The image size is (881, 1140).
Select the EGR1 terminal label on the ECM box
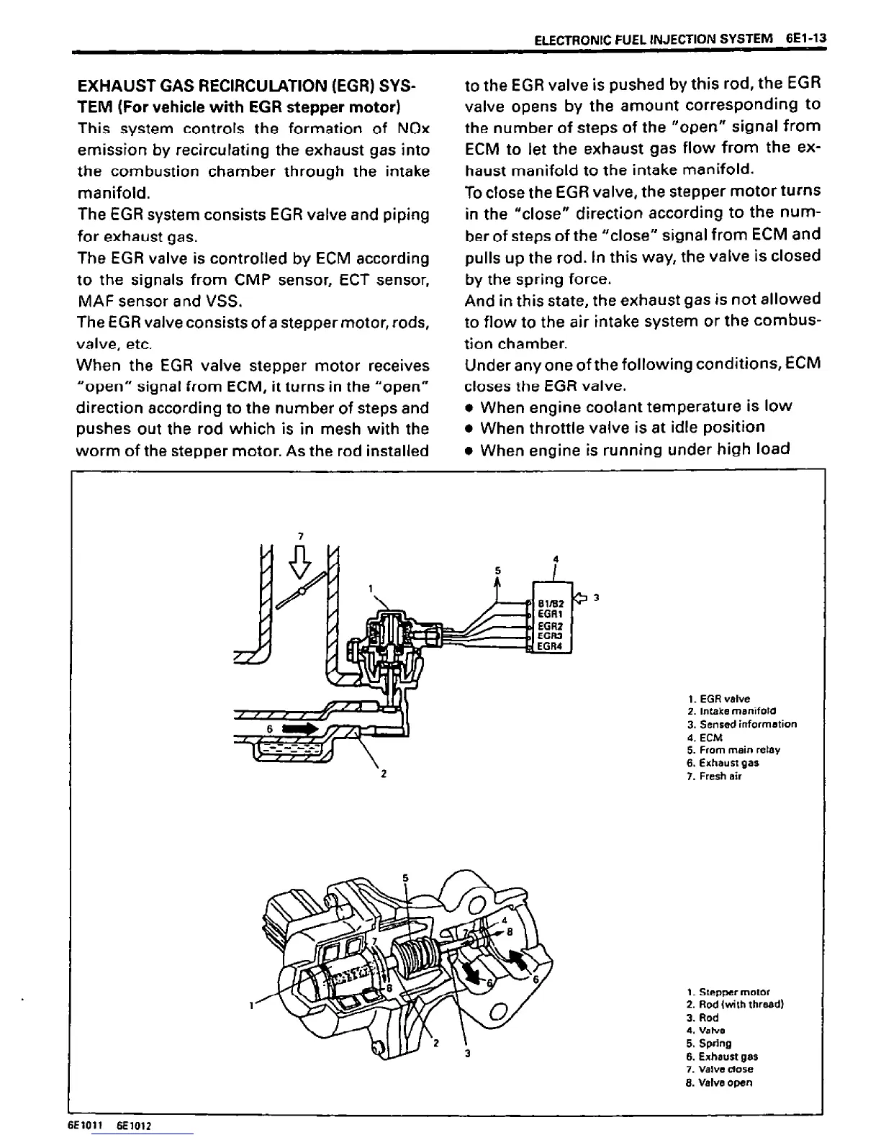[x=554, y=614]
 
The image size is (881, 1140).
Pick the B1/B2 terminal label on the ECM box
[x=554, y=603]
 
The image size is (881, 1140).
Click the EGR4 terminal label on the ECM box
[x=554, y=646]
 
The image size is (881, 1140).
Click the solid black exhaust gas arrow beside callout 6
[x=300, y=729]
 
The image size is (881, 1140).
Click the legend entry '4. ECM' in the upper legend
[x=705, y=737]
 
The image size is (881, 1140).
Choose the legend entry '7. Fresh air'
[x=715, y=776]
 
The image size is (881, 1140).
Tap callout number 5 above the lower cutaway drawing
[x=405, y=878]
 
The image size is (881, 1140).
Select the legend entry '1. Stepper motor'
[x=728, y=991]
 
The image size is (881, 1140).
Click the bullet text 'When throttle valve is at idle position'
[x=622, y=427]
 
